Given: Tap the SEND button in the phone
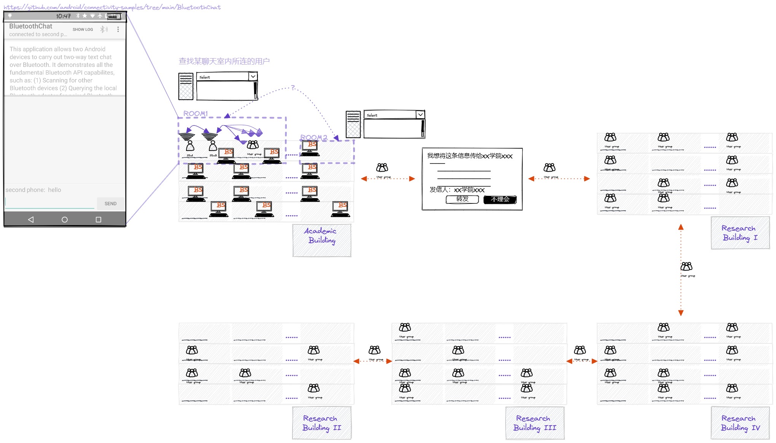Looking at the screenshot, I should [110, 203].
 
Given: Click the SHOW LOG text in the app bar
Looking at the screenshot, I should [83, 29].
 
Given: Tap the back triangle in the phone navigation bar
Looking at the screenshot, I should [31, 219].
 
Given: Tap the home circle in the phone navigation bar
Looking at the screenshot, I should [65, 219].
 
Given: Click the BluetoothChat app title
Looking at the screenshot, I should [31, 26].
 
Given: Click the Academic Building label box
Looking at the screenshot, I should [321, 240].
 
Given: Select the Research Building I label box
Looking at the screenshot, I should [740, 233].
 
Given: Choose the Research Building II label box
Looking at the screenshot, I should [321, 423].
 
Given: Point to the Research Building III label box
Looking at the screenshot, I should [534, 423].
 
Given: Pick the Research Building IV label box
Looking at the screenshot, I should [740, 423].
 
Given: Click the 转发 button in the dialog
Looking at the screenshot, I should [462, 199].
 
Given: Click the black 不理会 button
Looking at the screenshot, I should [500, 200].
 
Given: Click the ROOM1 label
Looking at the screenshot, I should [196, 114].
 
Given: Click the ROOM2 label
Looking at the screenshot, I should [314, 137].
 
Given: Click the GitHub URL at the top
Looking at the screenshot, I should [112, 7].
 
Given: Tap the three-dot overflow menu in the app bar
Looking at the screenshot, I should [118, 29].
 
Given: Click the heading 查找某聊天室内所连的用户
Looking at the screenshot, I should [224, 61].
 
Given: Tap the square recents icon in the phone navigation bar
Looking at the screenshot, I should [99, 219].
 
